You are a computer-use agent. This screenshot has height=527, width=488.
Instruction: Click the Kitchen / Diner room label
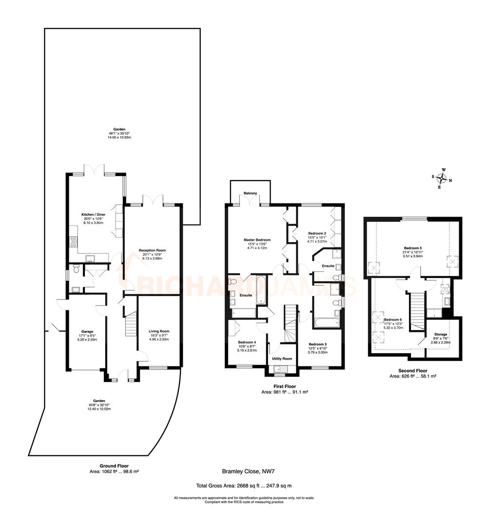(x=93, y=214)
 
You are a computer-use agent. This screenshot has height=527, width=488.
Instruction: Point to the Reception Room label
(x=153, y=250)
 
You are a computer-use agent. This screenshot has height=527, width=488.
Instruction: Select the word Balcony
(x=250, y=194)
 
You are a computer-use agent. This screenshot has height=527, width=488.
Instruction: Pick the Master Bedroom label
(x=257, y=240)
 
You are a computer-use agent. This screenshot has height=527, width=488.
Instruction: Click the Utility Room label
(x=282, y=359)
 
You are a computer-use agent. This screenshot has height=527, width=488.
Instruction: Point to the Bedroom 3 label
(x=317, y=344)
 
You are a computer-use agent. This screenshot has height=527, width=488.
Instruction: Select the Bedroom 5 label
(x=413, y=248)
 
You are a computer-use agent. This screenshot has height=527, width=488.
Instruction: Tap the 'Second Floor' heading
(x=413, y=371)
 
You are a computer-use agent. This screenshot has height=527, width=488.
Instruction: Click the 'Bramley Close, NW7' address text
(x=246, y=471)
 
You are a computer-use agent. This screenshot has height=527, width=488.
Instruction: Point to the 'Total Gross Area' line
(x=244, y=486)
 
